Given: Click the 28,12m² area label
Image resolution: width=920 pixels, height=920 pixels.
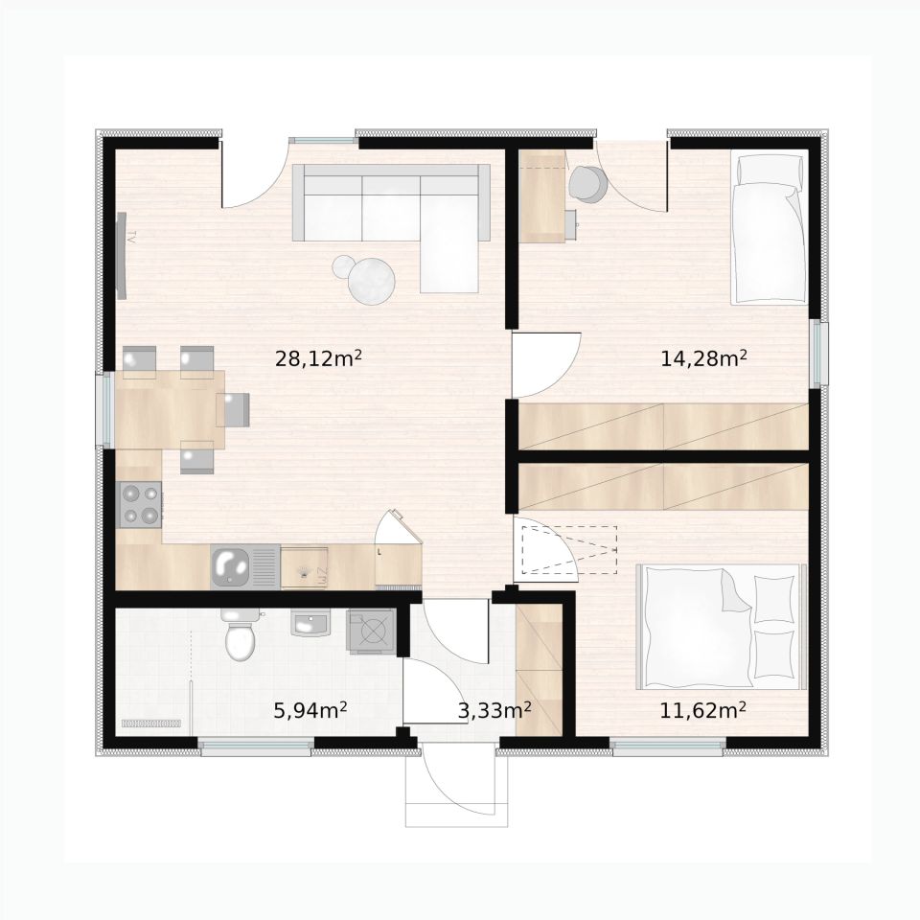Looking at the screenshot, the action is tap(318, 357).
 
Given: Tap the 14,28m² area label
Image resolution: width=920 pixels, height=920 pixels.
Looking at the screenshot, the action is tap(703, 357).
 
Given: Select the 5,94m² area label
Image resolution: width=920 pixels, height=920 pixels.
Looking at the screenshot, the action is tap(310, 710).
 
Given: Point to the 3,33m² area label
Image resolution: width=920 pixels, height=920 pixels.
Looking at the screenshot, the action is tap(494, 710).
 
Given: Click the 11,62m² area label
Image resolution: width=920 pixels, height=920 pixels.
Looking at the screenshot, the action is tap(702, 710).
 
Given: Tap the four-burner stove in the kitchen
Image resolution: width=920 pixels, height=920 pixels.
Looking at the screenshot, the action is tap(141, 503).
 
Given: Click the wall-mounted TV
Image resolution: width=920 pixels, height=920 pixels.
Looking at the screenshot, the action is tap(122, 256).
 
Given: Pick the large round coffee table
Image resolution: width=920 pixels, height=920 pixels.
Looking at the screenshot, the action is tap(371, 279).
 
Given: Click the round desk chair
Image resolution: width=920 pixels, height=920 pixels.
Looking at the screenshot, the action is tap(587, 184).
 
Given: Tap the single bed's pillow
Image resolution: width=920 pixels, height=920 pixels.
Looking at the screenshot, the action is tap(770, 169).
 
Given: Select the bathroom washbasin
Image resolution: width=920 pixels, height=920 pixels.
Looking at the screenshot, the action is tap(310, 623).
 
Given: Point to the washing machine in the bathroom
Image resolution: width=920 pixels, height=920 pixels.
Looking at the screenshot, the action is tap(372, 631).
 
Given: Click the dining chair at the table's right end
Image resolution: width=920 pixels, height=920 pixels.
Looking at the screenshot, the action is tap(235, 409).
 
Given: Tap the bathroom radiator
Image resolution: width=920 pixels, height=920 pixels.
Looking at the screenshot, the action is tap(151, 724).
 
